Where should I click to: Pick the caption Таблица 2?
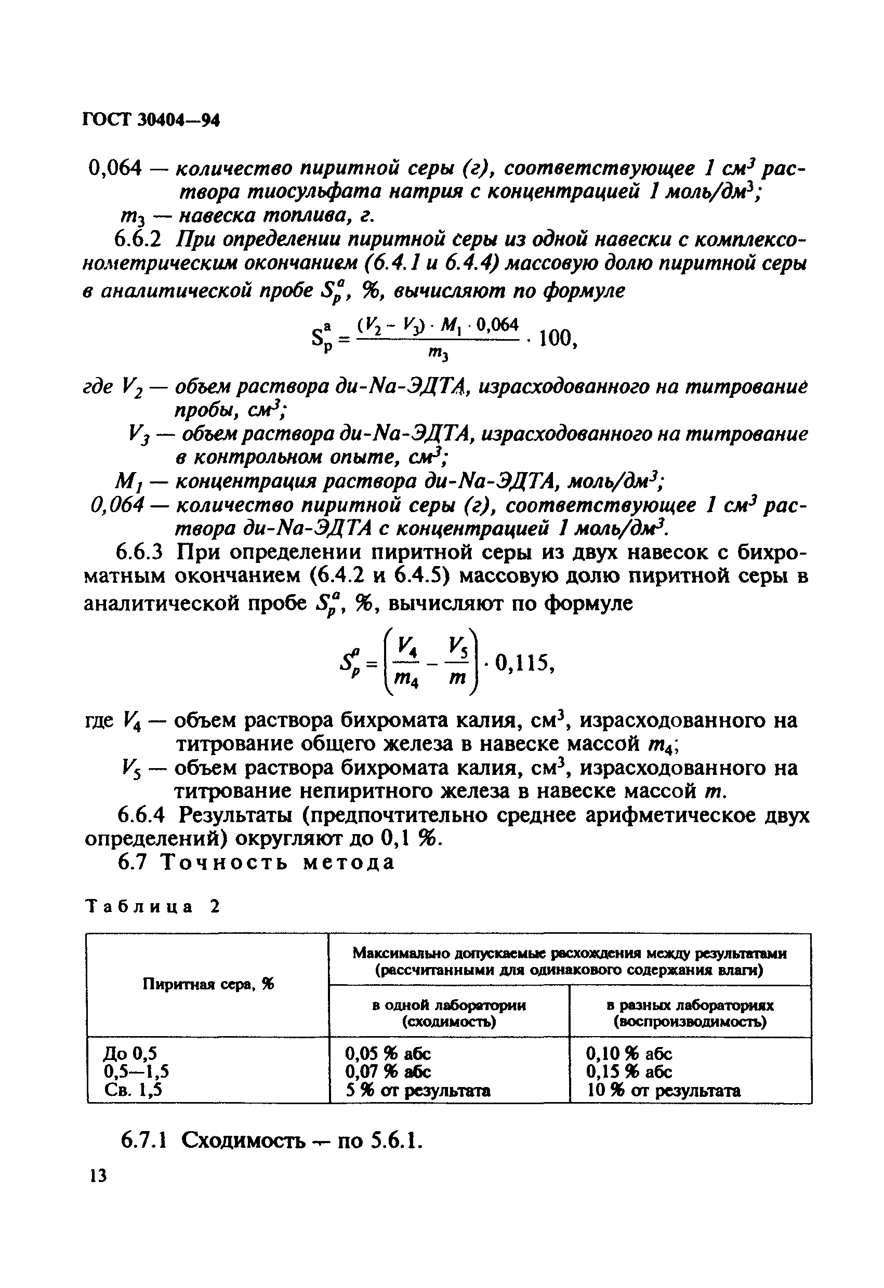[152, 907]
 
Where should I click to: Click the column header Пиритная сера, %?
[208, 984]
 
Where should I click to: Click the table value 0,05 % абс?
[388, 1053]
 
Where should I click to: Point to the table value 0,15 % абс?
[629, 1071]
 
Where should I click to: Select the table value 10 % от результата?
[664, 1090]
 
